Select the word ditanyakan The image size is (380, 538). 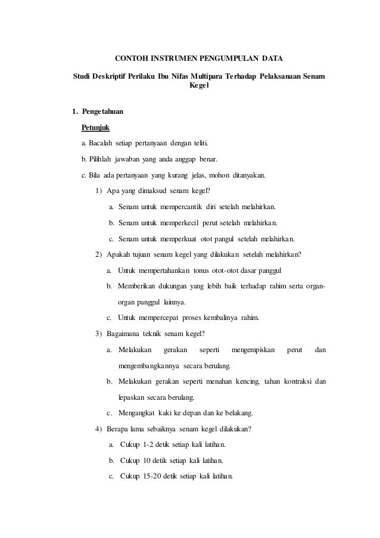click(x=250, y=176)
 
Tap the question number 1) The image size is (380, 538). click(x=98, y=191)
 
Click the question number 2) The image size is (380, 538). click(x=98, y=256)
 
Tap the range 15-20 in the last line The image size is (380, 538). click(x=157, y=477)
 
